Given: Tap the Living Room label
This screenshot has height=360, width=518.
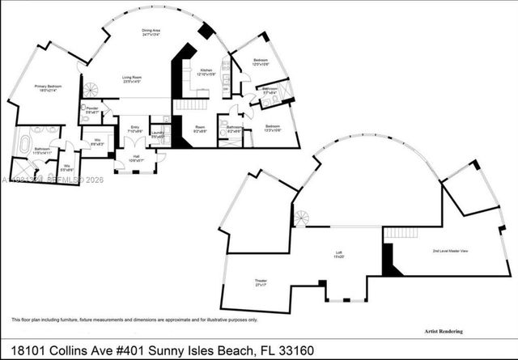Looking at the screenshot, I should click(x=133, y=80).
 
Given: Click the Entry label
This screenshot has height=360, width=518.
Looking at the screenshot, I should click(x=130, y=128).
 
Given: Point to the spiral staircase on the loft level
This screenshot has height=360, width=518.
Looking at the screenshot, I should click(x=302, y=219).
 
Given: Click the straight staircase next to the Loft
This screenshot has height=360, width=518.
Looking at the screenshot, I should click(x=397, y=233).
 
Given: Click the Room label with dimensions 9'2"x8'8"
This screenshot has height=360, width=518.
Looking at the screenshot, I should click(x=199, y=129).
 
